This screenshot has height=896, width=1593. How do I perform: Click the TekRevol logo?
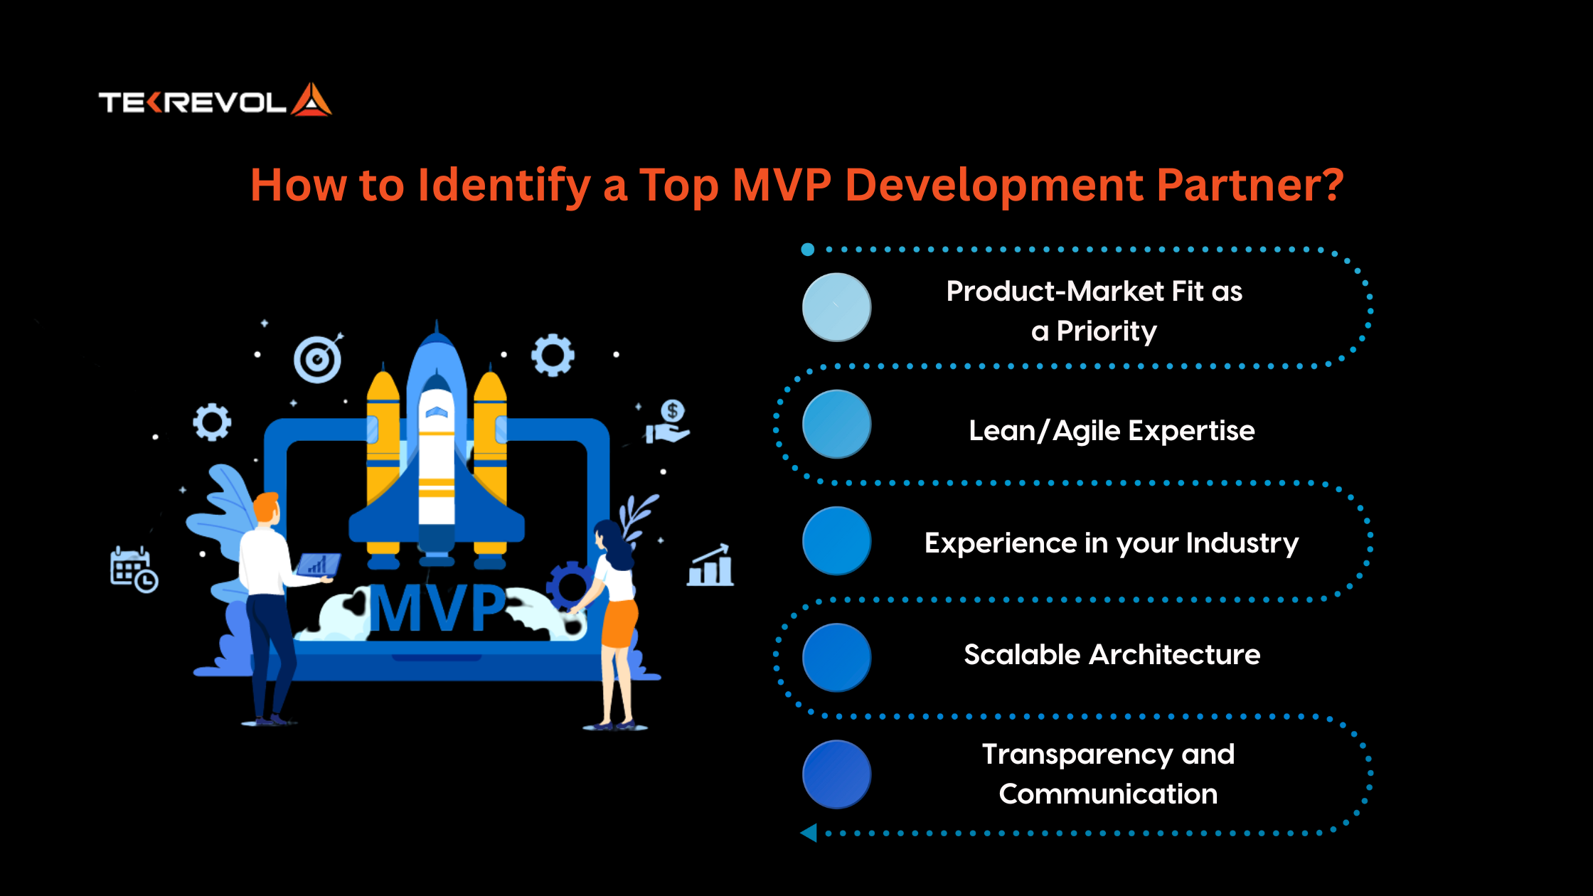[215, 100]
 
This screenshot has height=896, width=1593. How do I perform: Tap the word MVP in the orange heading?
[782, 185]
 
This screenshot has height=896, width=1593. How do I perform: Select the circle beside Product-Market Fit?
[836, 307]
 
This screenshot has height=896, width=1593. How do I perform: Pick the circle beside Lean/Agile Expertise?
[836, 424]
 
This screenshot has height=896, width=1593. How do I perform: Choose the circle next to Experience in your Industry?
[836, 540]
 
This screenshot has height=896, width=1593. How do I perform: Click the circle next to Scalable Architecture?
[836, 657]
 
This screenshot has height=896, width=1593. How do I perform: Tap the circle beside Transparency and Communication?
[836, 774]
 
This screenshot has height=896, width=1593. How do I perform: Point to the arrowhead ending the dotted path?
[809, 833]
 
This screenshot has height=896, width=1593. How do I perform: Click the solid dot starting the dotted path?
[807, 250]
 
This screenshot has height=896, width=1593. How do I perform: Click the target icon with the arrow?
[318, 358]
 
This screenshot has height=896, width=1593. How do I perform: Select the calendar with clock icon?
[134, 570]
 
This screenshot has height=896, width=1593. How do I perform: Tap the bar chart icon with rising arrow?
[710, 565]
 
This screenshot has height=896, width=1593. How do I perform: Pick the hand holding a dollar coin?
[667, 422]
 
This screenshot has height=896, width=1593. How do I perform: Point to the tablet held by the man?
[318, 565]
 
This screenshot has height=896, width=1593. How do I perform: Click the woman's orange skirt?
[619, 623]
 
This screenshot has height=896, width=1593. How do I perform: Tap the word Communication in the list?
[1108, 794]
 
